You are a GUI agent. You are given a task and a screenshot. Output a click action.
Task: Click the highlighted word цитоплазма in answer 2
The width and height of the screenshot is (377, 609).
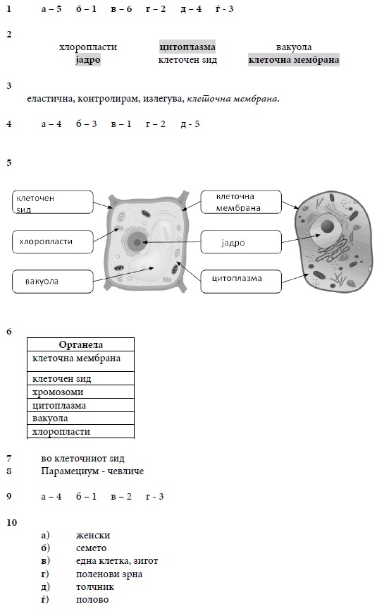(x=187, y=47)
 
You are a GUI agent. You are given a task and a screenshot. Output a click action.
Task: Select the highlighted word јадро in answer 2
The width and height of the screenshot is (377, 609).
(x=88, y=60)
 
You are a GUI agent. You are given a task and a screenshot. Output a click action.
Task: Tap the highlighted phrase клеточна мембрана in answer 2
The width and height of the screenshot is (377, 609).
(x=294, y=60)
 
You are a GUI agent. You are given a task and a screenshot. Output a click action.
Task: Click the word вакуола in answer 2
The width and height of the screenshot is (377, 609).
(x=294, y=47)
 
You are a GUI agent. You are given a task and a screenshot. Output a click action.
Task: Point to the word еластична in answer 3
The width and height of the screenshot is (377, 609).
(x=50, y=99)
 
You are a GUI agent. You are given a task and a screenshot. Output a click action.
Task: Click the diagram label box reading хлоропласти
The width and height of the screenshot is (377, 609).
(x=53, y=242)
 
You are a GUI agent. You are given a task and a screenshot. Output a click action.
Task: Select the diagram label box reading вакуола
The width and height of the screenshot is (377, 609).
(x=53, y=282)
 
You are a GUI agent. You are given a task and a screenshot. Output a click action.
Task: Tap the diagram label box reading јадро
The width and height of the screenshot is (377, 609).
(x=241, y=242)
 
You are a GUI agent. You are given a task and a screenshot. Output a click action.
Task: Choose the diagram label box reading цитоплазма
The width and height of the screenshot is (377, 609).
(x=241, y=282)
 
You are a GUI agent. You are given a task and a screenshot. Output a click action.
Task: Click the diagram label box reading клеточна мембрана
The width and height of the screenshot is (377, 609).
(x=241, y=202)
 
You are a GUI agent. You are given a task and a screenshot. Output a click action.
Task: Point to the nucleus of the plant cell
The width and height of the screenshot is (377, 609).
(x=137, y=242)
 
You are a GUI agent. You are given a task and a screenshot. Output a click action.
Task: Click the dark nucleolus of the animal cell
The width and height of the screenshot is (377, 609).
(x=328, y=226)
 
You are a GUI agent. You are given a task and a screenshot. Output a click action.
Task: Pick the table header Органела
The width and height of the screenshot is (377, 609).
(x=80, y=344)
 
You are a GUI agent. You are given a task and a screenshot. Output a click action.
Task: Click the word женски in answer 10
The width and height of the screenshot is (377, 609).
(x=93, y=536)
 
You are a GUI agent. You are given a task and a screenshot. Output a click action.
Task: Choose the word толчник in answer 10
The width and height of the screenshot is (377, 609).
(x=95, y=587)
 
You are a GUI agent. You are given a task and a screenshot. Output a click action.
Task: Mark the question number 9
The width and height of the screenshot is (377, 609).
(x=9, y=496)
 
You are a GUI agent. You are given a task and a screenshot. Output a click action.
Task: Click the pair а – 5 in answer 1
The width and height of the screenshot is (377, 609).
(x=51, y=9)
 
